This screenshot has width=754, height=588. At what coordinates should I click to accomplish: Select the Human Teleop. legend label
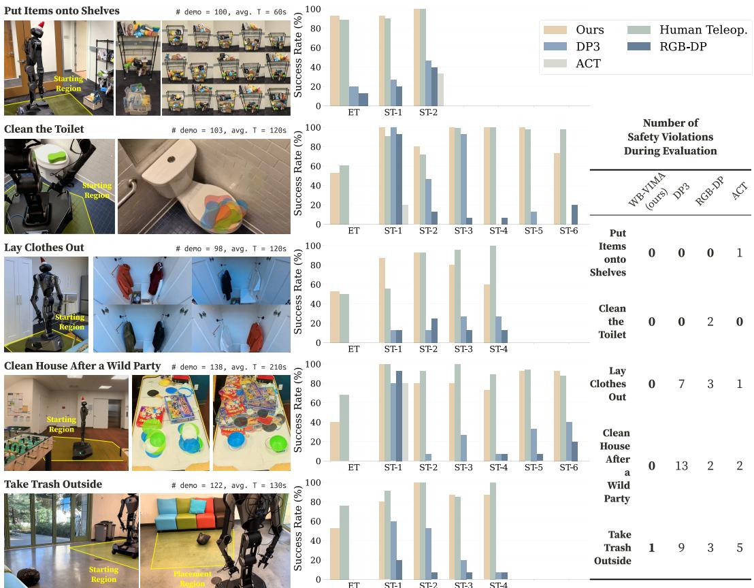click(703, 30)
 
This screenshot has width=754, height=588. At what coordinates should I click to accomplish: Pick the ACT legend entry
click(589, 63)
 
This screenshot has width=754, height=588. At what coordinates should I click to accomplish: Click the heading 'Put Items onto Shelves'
click(62, 11)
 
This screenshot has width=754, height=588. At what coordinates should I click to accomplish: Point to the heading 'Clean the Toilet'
click(44, 129)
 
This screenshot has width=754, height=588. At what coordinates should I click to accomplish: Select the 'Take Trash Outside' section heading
click(53, 484)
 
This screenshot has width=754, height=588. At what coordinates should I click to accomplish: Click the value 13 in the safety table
click(681, 465)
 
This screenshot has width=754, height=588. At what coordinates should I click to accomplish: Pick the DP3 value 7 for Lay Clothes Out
click(681, 384)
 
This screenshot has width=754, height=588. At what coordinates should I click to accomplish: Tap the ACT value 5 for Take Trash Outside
click(739, 547)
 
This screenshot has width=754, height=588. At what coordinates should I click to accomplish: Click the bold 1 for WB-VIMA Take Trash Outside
click(651, 547)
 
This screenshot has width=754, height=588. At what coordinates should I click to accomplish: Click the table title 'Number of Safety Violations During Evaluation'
click(670, 137)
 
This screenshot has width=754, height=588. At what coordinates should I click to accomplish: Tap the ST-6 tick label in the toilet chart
click(569, 231)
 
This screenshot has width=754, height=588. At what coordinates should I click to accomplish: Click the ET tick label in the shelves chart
click(353, 113)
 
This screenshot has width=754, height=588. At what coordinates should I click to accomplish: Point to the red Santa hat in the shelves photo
click(40, 26)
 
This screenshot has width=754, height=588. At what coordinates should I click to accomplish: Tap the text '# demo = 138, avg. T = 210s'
click(229, 367)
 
